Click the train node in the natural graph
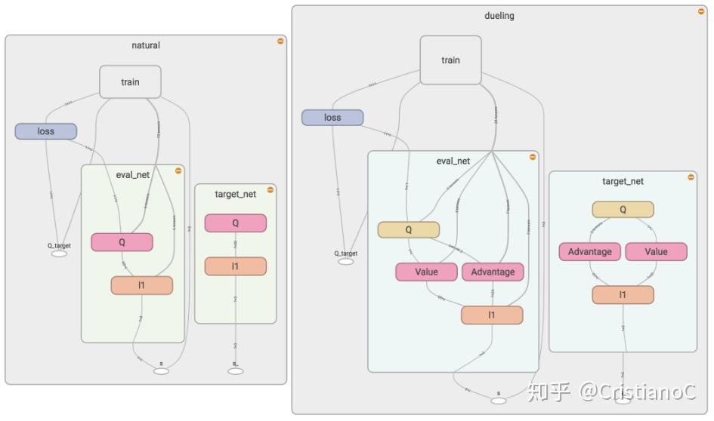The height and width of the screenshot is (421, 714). pyautogui.click(x=130, y=81)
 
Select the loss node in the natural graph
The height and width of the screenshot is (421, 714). pyautogui.click(x=45, y=131)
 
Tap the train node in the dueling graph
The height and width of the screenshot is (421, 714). pyautogui.click(x=450, y=60)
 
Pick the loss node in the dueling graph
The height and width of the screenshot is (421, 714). pyautogui.click(x=332, y=118)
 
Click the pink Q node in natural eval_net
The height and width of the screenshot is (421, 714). pyautogui.click(x=122, y=242)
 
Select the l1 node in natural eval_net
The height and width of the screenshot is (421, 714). pyautogui.click(x=142, y=285)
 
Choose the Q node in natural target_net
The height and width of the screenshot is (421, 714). pyautogui.click(x=235, y=223)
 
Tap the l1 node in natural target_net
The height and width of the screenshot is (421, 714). pyautogui.click(x=235, y=266)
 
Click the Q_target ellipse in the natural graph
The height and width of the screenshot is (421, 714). pyautogui.click(x=59, y=254)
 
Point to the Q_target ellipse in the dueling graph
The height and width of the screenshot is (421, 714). pyautogui.click(x=345, y=262)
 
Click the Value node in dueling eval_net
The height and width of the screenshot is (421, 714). pyautogui.click(x=426, y=272)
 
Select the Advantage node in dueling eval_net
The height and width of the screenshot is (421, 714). pyautogui.click(x=493, y=272)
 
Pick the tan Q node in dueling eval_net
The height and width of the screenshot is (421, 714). pyautogui.click(x=408, y=229)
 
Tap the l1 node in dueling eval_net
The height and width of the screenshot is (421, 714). pyautogui.click(x=492, y=315)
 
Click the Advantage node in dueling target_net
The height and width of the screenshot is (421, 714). pyautogui.click(x=589, y=251)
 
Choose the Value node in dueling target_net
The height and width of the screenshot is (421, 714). pyautogui.click(x=656, y=251)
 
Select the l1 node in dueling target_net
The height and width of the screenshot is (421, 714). pyautogui.click(x=623, y=294)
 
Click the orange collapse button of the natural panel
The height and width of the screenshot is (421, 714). pyautogui.click(x=280, y=41)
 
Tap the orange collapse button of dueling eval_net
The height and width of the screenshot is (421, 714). pyautogui.click(x=532, y=157)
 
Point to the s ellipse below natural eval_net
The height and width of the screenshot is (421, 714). pyautogui.click(x=161, y=370)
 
